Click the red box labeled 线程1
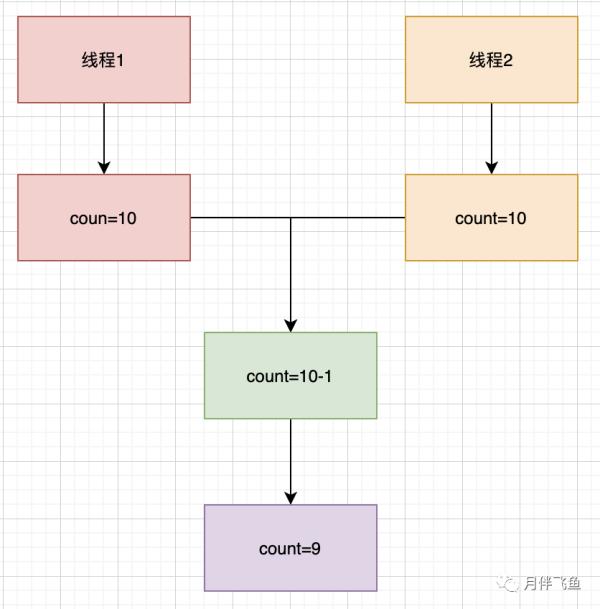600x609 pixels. (104, 59)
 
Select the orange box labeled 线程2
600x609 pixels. (491, 59)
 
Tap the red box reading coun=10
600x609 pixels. (104, 218)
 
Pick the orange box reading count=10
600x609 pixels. (491, 218)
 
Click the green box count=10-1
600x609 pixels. (290, 376)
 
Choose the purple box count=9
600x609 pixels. (290, 548)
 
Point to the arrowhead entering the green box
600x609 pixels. (291, 325)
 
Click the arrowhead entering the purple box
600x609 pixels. (291, 497)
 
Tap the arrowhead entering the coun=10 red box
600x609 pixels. (104, 167)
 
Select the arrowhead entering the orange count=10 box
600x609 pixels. (491, 167)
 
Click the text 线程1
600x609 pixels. (104, 60)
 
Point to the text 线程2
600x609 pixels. (491, 60)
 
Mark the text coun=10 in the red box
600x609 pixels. (104, 218)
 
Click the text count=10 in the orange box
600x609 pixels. (491, 218)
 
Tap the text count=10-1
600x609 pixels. (290, 376)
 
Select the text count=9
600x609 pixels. (290, 548)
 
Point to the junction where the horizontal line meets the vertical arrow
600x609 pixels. (291, 217)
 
